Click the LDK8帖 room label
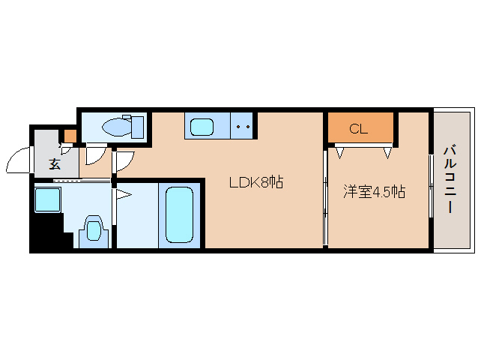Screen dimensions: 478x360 (256, 182)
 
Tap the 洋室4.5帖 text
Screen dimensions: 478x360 (375, 192)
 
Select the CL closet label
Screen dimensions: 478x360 (358, 129)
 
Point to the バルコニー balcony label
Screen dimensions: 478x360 (450, 180)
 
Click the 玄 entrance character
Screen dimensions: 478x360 (55, 164)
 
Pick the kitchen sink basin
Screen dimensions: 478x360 (202, 127)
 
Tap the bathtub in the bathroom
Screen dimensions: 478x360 (180, 214)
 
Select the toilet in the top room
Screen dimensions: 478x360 (124, 127)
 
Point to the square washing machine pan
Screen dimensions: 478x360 (47, 199)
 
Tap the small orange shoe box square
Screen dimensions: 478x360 (70, 136)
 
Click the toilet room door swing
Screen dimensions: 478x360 (95, 156)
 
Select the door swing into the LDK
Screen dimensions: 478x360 (125, 161)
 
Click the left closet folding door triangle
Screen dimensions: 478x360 (339, 152)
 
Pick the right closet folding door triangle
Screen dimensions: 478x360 (387, 152)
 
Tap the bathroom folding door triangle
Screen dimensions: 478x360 (124, 195)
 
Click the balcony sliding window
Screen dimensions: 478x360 (431, 185)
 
